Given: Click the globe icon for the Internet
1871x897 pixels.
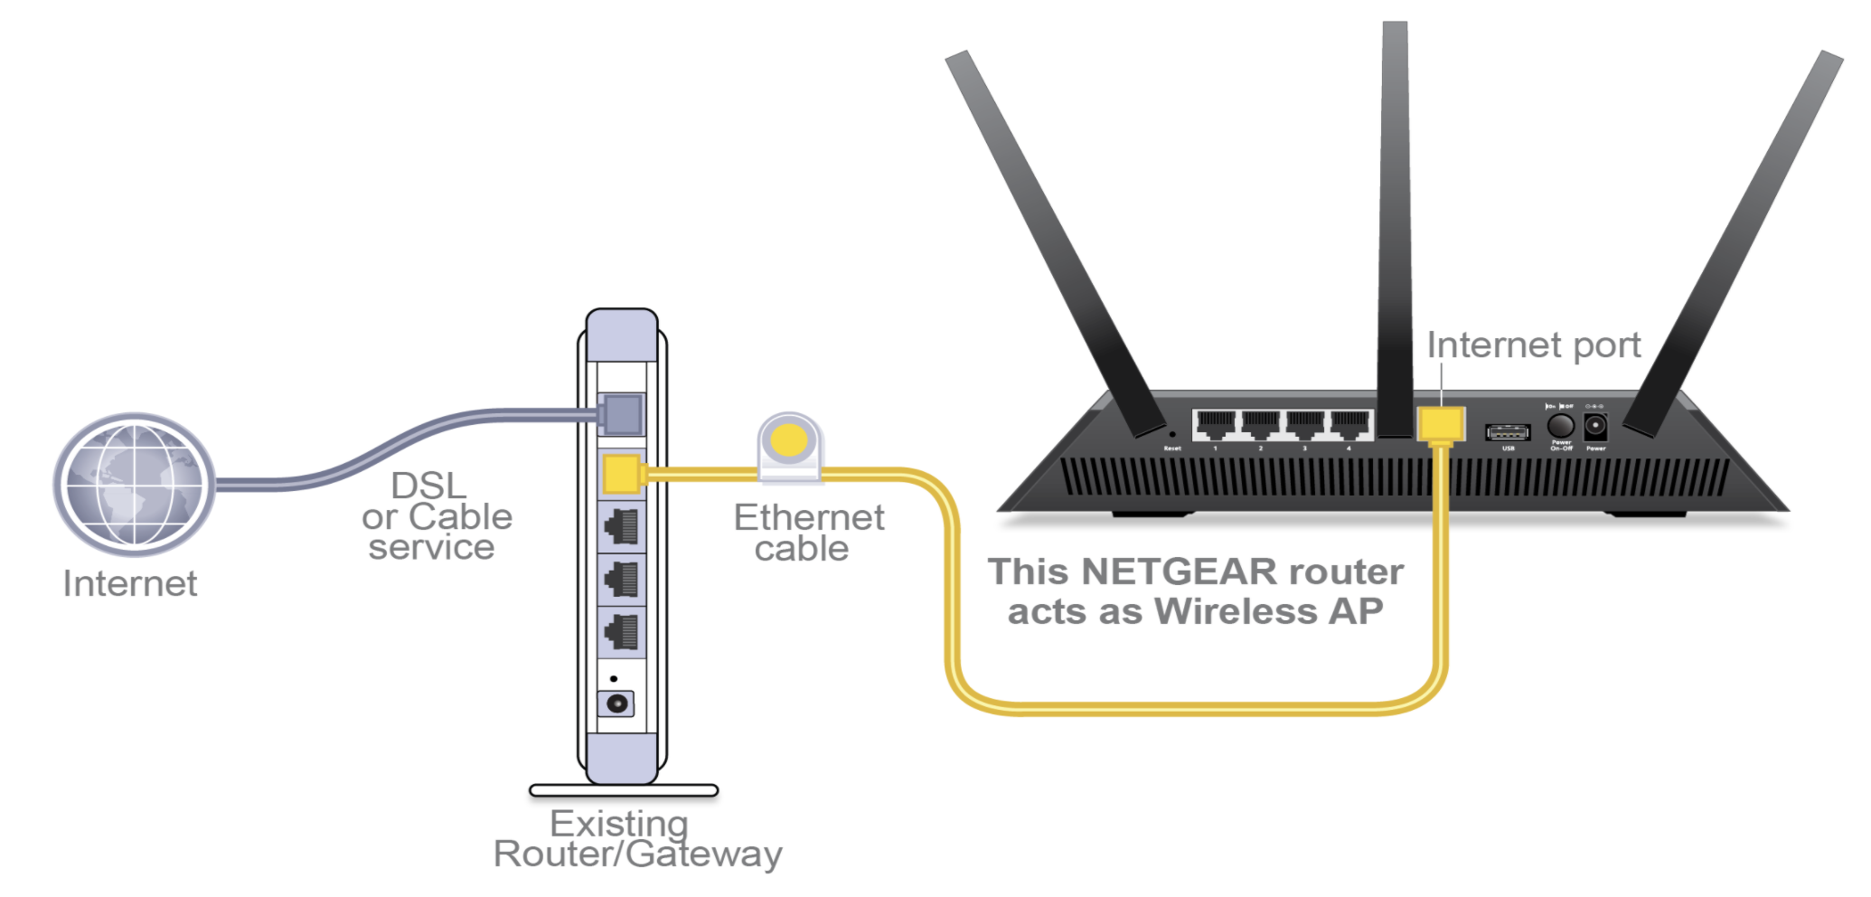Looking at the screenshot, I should click(x=134, y=483).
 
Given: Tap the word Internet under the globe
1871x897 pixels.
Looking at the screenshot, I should click(x=130, y=584).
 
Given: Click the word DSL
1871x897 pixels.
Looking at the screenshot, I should click(x=428, y=486).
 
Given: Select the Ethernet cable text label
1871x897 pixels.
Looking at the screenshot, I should click(x=808, y=533).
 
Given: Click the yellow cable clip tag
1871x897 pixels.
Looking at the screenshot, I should click(x=789, y=443).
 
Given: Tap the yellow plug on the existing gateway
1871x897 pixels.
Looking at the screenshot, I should click(x=622, y=474).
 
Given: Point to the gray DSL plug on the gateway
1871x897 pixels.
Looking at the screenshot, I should click(x=622, y=414).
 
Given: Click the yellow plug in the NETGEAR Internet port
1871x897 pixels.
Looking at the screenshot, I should click(x=1441, y=424).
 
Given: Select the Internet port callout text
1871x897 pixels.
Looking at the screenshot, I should click(x=1533, y=345).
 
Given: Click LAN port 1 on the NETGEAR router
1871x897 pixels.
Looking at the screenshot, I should click(x=1216, y=424).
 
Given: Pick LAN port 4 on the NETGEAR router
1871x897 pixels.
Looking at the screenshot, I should click(x=1349, y=424).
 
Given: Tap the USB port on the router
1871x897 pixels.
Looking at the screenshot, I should click(x=1508, y=432).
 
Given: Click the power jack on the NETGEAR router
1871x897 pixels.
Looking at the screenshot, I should click(x=1595, y=426).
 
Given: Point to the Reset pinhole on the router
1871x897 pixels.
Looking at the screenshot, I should click(x=1172, y=435).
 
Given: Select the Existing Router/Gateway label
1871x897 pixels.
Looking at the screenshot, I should click(x=636, y=839).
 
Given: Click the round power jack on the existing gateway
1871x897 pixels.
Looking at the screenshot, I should click(x=617, y=703).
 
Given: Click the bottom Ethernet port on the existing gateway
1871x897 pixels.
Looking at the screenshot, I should click(x=622, y=632).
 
